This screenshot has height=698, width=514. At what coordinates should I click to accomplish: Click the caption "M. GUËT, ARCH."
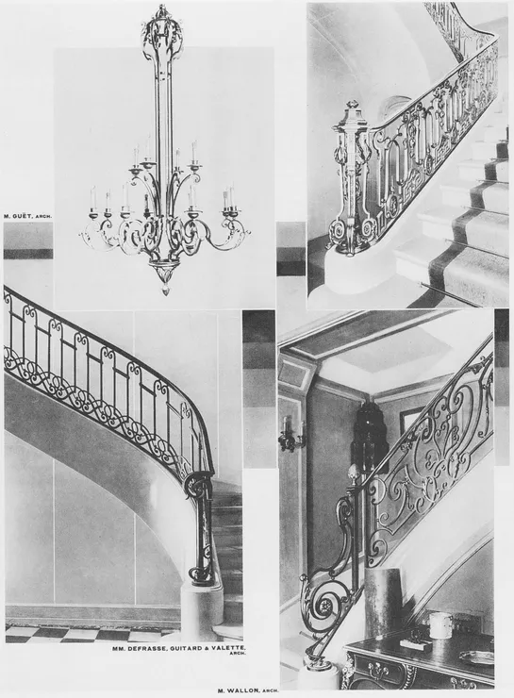tap(27, 216)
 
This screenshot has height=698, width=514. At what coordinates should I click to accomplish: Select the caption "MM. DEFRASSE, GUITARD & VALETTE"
tap(179, 649)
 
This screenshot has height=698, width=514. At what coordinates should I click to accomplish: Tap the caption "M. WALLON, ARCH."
tap(248, 690)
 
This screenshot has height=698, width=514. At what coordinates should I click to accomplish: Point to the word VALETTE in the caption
tap(233, 649)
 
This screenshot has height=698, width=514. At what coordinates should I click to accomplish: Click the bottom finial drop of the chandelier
tap(165, 291)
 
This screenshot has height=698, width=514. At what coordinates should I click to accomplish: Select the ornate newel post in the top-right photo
tap(352, 178)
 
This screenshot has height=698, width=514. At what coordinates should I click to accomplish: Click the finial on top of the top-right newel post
tap(354, 106)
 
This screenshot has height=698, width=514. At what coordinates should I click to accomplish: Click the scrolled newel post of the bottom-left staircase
tap(201, 530)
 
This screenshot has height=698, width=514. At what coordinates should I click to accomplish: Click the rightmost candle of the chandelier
tap(232, 194)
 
